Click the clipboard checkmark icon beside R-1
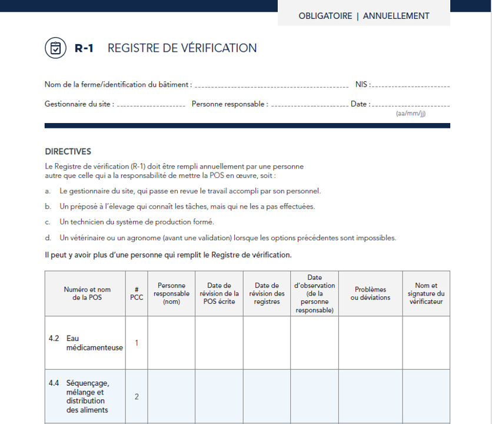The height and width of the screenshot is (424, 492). (55, 48)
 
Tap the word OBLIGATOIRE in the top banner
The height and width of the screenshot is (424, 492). (325, 16)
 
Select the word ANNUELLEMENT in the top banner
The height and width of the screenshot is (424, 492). (396, 16)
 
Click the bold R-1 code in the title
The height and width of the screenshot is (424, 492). (84, 48)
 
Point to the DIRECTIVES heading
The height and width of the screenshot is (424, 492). (68, 151)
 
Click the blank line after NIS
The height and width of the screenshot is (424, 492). (411, 86)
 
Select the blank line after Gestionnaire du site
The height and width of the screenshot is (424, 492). (152, 105)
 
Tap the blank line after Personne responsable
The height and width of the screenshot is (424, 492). (310, 105)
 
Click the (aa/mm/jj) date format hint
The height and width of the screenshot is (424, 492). (411, 114)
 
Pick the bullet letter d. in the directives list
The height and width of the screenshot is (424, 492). (48, 238)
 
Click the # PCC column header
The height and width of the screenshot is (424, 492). (137, 293)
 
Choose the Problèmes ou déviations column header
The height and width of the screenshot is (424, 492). (371, 293)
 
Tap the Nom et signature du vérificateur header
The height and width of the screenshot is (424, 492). (426, 293)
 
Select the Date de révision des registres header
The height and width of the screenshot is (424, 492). (267, 293)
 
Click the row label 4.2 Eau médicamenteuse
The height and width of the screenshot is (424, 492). (85, 343)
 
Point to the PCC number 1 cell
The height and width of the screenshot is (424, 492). (137, 343)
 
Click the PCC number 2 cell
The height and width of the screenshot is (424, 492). (137, 396)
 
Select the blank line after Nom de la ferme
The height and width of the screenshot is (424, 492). (271, 86)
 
